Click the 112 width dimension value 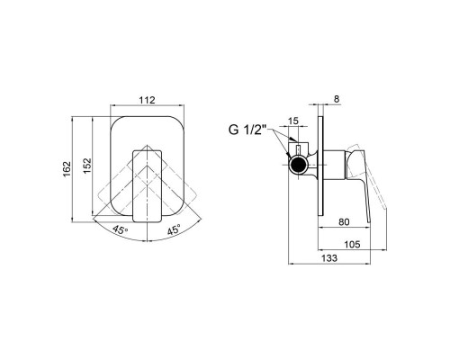click(x=147, y=100)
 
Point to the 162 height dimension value click(x=67, y=169)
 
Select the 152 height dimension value click(x=87, y=166)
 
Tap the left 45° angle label click(x=121, y=230)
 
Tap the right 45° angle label click(x=174, y=229)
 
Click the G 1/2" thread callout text click(x=247, y=130)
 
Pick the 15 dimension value click(x=293, y=121)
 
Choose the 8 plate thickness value click(x=337, y=99)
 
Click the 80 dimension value click(x=344, y=222)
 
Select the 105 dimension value click(x=352, y=245)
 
